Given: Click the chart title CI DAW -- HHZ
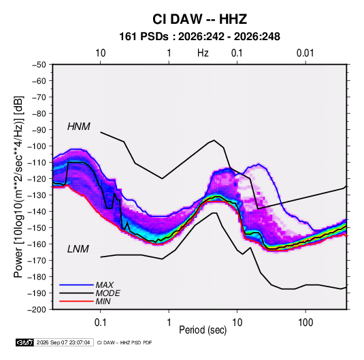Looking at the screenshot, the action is [199, 19].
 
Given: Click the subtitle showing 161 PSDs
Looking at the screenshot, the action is [199, 37].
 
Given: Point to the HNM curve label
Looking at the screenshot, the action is [79, 127].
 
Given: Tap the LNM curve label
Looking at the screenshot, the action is [78, 249].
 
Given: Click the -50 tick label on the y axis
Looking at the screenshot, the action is [39, 65].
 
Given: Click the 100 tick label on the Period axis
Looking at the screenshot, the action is [305, 323].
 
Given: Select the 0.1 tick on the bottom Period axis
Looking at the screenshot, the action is [100, 323].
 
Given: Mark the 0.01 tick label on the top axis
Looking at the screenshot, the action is [305, 53].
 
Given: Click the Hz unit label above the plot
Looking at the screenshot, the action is [203, 53].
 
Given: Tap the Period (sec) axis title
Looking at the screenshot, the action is [203, 330].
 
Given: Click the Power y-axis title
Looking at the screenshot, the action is [18, 187].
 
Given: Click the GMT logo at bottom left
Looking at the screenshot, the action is [25, 342].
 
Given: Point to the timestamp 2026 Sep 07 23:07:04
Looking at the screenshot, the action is [63, 342].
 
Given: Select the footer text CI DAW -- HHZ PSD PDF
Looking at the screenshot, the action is [125, 342].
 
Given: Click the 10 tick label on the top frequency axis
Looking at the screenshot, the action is [101, 53].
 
